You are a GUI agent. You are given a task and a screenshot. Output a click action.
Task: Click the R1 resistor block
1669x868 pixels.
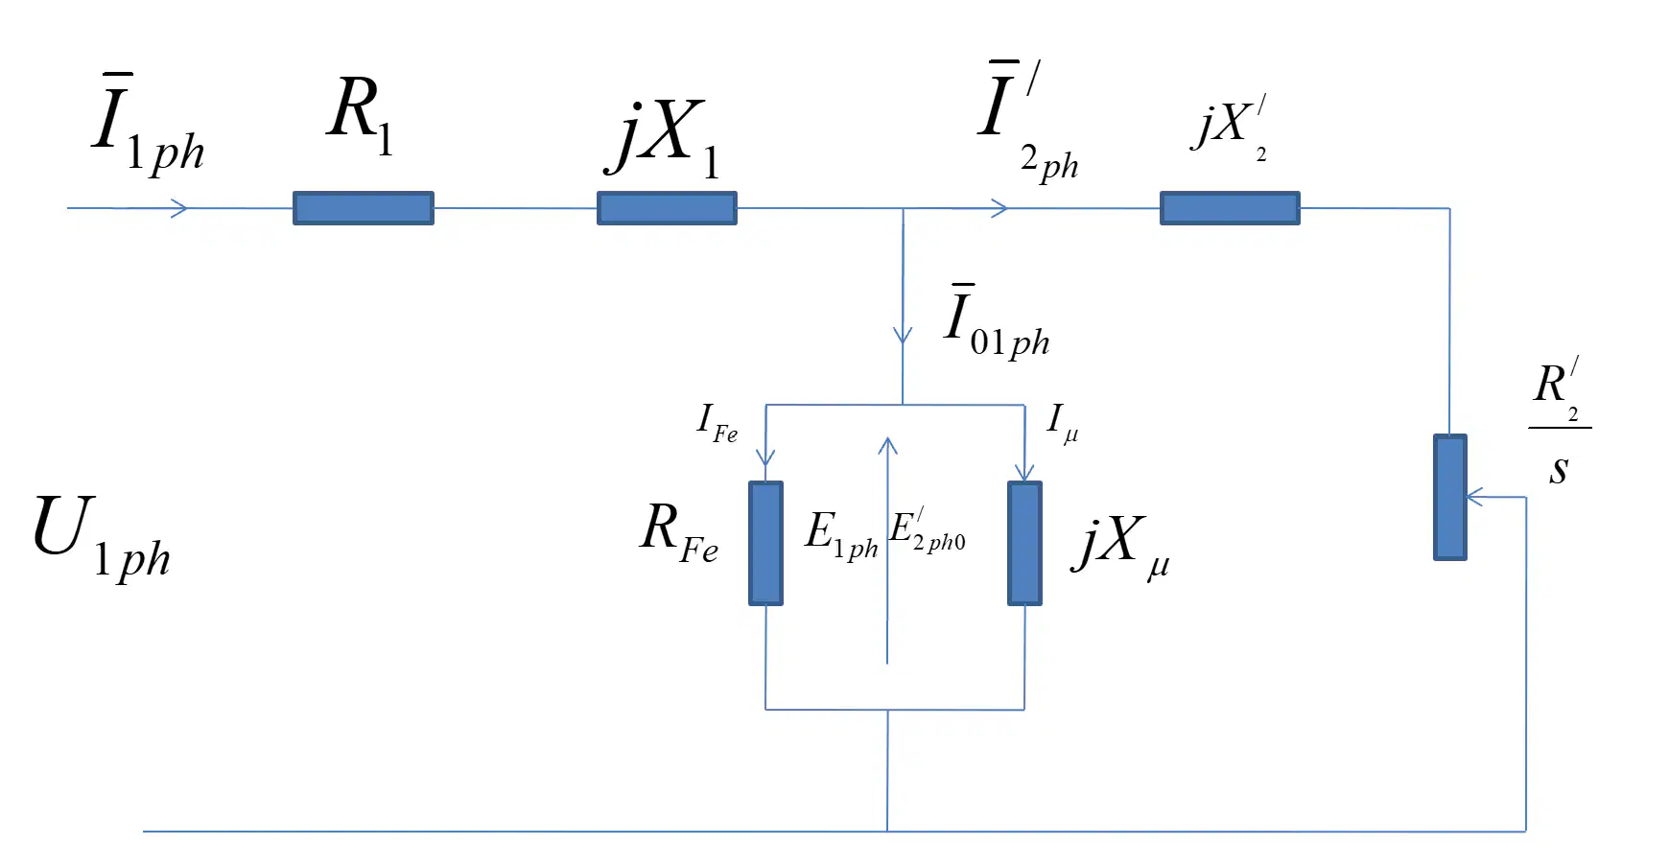pyautogui.click(x=364, y=208)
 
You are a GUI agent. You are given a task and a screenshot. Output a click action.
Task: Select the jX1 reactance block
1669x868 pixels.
pyautogui.click(x=667, y=208)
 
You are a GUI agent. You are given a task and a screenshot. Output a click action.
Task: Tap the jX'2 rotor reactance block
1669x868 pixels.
pyautogui.click(x=1230, y=208)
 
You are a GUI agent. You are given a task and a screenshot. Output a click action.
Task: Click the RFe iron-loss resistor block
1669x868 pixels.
pyautogui.click(x=765, y=543)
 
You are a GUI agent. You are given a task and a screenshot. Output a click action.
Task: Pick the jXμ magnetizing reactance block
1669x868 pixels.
pyautogui.click(x=1024, y=543)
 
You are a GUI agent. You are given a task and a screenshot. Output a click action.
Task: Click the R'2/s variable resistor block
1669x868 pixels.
pyautogui.click(x=1450, y=497)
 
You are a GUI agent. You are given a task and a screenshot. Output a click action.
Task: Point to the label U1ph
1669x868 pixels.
pyautogui.click(x=102, y=537)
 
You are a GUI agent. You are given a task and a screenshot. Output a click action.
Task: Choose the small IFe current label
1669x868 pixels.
pyautogui.click(x=717, y=423)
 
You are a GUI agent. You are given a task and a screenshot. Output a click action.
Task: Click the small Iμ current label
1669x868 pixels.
pyautogui.click(x=1063, y=422)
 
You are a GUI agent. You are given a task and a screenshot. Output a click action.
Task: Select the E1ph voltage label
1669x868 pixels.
pyautogui.click(x=841, y=535)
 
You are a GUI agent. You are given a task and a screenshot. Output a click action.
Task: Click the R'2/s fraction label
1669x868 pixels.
pyautogui.click(x=1560, y=423)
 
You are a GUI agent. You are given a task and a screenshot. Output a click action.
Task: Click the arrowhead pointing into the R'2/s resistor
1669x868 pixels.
pyautogui.click(x=1475, y=497)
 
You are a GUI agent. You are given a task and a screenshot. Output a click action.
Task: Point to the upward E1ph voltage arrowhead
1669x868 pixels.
pyautogui.click(x=888, y=446)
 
